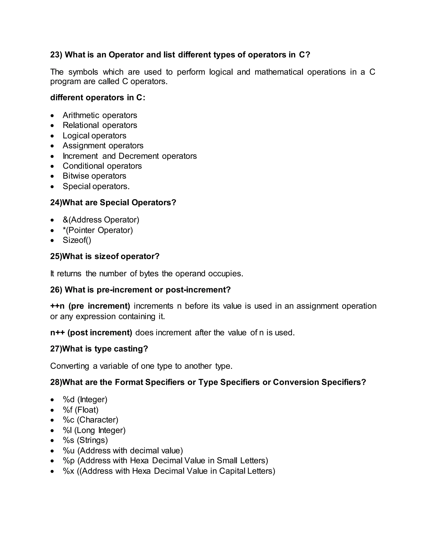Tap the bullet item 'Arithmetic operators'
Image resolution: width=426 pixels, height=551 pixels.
pos(100,115)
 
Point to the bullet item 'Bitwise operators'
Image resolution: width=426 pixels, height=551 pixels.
pos(94,176)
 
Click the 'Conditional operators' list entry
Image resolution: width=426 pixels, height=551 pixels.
pos(102,166)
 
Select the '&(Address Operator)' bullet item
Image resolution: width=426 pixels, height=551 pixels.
pos(101,220)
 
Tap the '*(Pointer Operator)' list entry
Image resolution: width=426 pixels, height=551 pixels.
pos(98,230)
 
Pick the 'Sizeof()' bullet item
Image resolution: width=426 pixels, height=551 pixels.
pos(77,240)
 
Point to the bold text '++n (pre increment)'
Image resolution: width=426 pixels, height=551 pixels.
pos(90,306)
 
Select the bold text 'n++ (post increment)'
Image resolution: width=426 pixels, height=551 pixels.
pos(91,332)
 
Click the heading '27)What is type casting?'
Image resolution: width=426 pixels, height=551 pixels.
pos(99,349)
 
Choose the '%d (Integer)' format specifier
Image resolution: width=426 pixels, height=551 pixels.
pos(85,399)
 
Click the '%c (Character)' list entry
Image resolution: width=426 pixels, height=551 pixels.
pos(90,420)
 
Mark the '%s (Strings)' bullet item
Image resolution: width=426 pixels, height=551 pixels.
pos(85,440)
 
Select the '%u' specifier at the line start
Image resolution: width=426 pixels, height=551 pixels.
pos(69,451)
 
